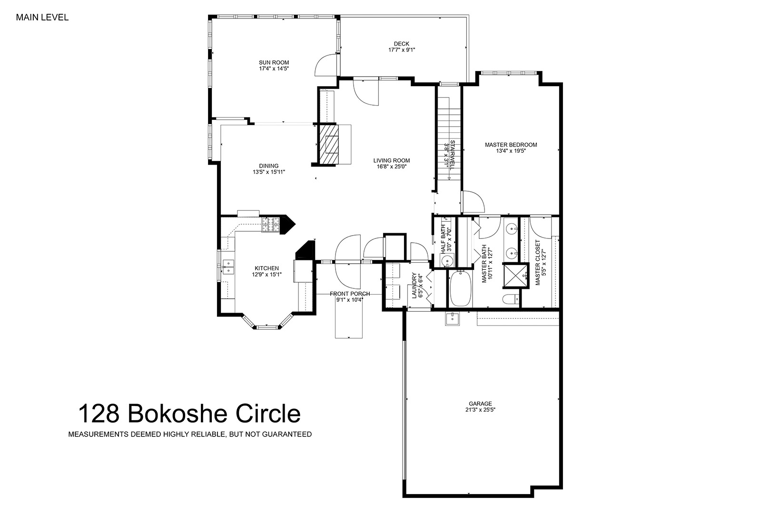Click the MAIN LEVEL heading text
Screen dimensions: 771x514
(x=42, y=17)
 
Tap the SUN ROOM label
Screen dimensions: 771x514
(x=274, y=62)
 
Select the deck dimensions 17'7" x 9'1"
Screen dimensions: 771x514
(x=402, y=49)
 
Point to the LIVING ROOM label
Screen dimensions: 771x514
(x=392, y=160)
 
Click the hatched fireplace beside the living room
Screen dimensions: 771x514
(x=329, y=144)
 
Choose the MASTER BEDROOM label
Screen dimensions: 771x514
(x=511, y=145)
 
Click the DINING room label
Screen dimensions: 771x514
(x=269, y=166)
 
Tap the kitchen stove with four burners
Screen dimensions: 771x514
(x=270, y=225)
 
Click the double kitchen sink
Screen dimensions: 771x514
(x=228, y=267)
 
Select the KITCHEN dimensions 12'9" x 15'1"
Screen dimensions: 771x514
(x=267, y=275)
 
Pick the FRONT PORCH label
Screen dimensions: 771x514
(x=350, y=294)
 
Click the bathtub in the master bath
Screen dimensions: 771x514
(x=460, y=288)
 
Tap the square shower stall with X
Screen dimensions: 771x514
(x=515, y=275)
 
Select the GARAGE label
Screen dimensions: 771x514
(x=481, y=404)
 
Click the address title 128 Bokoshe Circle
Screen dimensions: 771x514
(x=189, y=413)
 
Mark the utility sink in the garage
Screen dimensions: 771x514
(x=452, y=319)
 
